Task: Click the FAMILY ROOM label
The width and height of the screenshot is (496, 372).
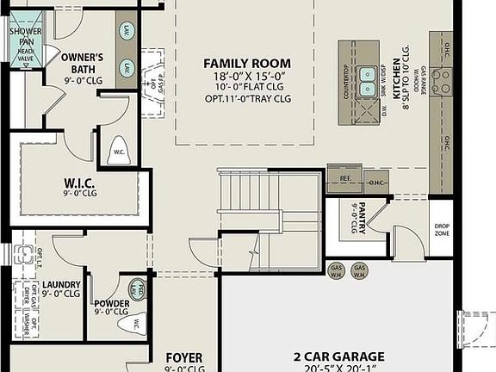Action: click(x=246, y=63)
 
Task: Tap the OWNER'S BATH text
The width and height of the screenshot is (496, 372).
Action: click(x=83, y=63)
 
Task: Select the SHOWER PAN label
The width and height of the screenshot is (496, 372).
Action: click(x=26, y=36)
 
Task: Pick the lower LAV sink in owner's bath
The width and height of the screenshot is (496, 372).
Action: click(x=127, y=67)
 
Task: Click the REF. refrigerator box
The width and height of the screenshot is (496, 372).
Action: click(x=346, y=180)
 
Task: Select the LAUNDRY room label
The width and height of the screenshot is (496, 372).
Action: click(x=61, y=285)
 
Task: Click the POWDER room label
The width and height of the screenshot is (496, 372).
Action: click(x=113, y=304)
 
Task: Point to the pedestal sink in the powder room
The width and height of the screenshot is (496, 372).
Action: click(x=138, y=288)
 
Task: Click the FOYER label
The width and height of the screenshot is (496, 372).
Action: click(x=183, y=357)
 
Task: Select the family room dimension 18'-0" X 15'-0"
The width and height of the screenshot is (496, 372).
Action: click(x=246, y=76)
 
